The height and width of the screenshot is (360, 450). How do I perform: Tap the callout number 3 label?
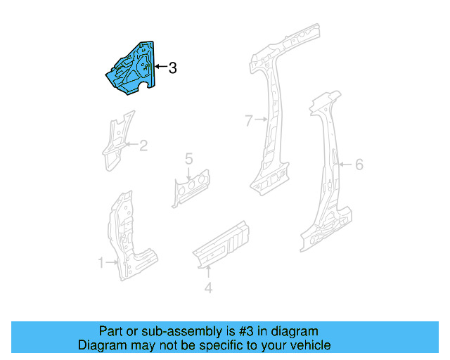172,68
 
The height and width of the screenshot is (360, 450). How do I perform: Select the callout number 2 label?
143,146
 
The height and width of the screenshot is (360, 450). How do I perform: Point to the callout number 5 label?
188,159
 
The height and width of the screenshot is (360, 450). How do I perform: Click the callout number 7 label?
247,121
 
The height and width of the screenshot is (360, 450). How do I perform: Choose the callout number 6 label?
359,165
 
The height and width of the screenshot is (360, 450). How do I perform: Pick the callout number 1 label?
101,263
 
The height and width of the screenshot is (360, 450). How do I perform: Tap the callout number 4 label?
207,287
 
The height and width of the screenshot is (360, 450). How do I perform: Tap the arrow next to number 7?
262,120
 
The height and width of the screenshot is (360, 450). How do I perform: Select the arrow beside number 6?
345,165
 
